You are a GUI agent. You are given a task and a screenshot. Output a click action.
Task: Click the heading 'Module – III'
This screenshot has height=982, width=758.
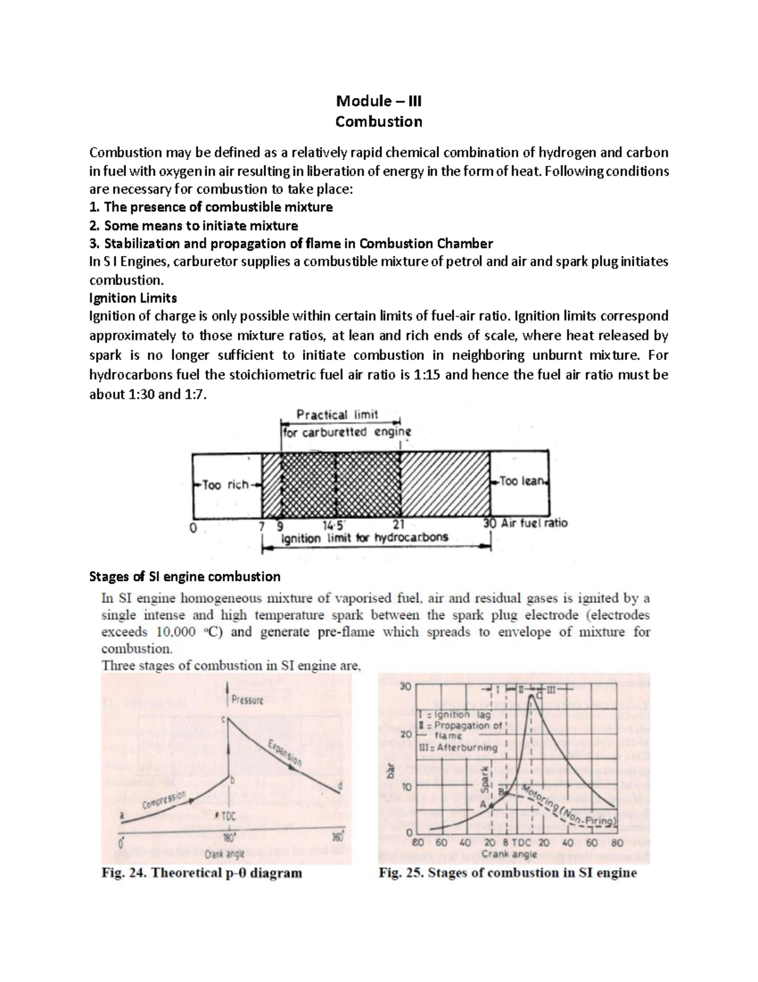click(378, 101)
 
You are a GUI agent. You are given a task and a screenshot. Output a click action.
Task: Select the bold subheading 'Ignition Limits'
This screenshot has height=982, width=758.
click(133, 298)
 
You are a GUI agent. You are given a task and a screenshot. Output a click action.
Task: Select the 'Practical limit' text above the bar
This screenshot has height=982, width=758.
click(337, 415)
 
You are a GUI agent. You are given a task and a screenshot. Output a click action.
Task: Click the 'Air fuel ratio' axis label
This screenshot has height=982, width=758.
click(534, 523)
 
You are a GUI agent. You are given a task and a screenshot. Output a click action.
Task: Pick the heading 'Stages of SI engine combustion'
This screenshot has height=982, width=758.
click(185, 577)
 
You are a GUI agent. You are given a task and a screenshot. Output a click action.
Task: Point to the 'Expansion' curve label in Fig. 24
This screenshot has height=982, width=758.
click(284, 752)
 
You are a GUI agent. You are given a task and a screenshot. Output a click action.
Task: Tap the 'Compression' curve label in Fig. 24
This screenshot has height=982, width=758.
click(165, 801)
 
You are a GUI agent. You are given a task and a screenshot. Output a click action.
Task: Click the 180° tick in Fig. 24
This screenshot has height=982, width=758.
click(228, 835)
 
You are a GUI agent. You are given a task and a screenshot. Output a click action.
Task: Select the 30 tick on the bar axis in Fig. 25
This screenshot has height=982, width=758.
click(405, 687)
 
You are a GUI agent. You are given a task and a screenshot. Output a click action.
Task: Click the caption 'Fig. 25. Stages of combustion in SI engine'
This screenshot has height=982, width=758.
click(507, 873)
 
